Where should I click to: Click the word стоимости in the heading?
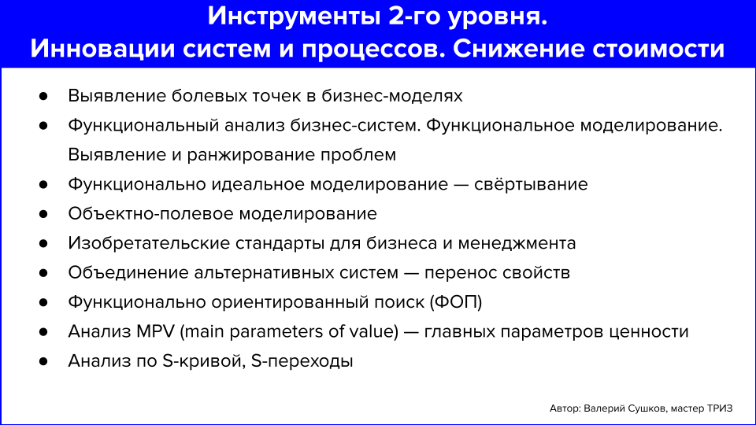(x=665, y=48)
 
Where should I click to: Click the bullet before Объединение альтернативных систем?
(x=44, y=273)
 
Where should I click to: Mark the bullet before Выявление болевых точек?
(x=44, y=96)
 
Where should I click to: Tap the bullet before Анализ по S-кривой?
(x=44, y=361)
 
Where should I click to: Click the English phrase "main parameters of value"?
(x=288, y=331)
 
